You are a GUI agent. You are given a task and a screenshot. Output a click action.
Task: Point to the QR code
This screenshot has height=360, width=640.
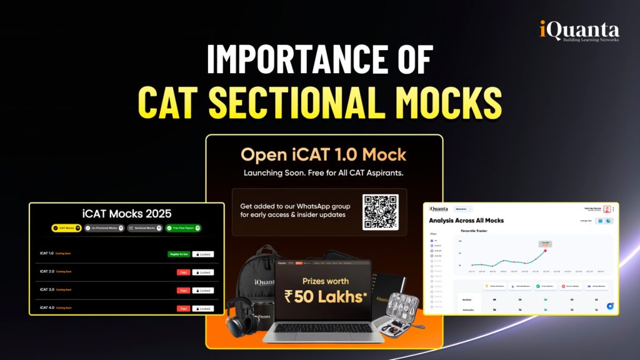click(381, 212)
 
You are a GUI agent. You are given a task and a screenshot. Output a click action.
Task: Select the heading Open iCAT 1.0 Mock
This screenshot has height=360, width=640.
click(324, 154)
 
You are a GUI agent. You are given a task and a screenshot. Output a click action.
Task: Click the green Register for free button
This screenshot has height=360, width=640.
click(178, 254)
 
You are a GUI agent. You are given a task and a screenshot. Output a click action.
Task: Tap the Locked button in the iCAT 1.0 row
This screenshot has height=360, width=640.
click(202, 254)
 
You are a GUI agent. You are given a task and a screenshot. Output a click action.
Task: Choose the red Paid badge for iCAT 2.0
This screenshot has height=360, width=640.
click(183, 272)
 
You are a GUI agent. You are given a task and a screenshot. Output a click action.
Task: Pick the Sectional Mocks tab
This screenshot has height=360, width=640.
click(143, 228)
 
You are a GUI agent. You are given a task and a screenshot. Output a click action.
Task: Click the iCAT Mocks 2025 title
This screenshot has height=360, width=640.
click(126, 213)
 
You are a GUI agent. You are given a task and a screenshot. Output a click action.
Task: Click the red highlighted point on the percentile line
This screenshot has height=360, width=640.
click(545, 250)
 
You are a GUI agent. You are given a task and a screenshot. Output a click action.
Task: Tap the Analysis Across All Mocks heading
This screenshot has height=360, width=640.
click(466, 221)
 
